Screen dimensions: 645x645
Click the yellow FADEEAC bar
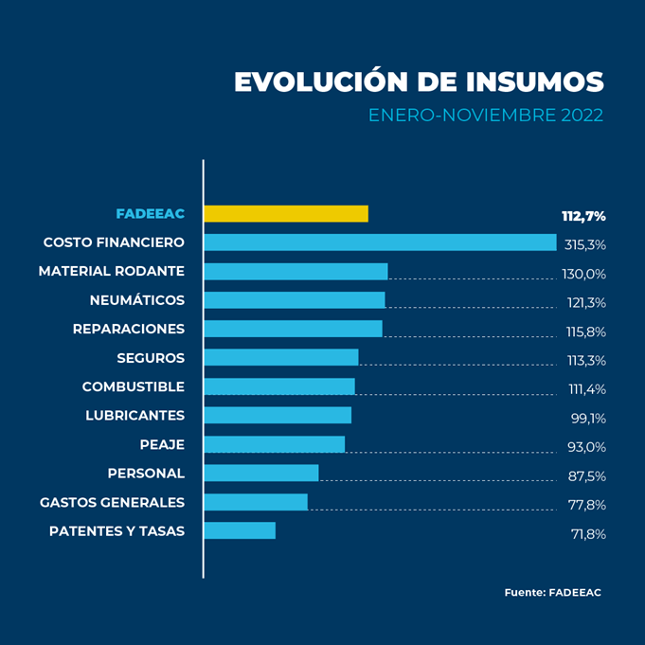point(285,214)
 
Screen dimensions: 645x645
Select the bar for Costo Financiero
point(379,242)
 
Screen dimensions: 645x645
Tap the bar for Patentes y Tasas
point(240,530)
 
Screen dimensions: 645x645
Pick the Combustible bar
point(279,386)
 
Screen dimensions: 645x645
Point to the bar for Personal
point(260,473)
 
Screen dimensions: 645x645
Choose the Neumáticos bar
point(294,300)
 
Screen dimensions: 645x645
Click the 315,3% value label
point(584,244)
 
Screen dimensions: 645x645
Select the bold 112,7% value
point(582,216)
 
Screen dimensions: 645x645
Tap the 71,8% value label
point(587,533)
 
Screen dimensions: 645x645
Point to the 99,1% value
point(587,418)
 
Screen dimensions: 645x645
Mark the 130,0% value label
point(583,274)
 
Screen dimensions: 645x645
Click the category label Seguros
point(151,358)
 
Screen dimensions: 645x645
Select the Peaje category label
point(162,444)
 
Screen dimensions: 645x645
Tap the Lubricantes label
point(134,416)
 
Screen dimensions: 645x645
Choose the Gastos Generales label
point(112,502)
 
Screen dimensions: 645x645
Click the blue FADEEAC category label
point(150,214)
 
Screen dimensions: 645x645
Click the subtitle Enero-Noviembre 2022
point(485,116)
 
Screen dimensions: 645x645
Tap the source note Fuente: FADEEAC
point(552,593)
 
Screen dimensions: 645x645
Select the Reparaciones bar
point(293,329)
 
